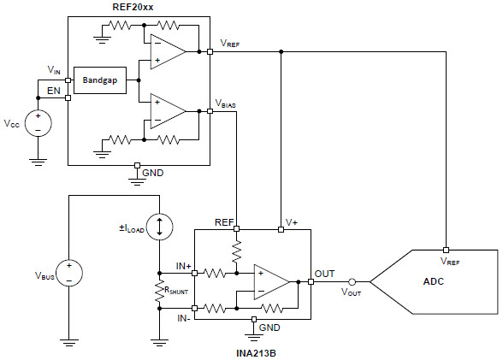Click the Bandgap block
100,80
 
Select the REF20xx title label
133,7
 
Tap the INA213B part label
256,353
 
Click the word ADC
434,281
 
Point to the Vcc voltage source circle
38,123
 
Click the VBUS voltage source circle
69,273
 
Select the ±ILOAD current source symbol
159,227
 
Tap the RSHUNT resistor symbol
159,291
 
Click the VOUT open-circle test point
352,282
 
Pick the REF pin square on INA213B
236,229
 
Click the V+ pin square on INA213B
281,229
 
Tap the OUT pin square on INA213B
311,282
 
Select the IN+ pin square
194,273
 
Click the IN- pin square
194,309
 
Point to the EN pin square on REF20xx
68,97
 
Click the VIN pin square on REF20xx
68,80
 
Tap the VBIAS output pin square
210,111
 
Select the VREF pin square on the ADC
446,250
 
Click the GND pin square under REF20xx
137,165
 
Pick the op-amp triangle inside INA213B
271,282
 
